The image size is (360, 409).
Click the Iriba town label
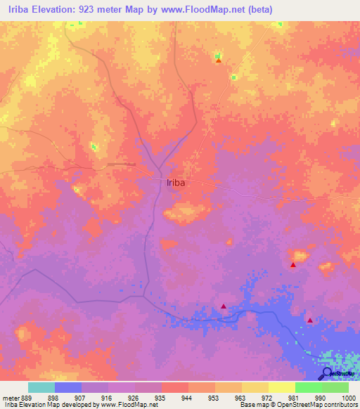click(x=176, y=183)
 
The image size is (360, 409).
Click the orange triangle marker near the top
click(x=218, y=60)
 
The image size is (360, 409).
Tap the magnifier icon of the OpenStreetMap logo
click(x=326, y=374)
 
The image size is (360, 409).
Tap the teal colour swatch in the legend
click(x=41, y=387)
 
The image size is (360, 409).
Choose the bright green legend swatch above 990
click(x=309, y=387)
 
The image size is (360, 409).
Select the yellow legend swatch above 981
click(x=282, y=387)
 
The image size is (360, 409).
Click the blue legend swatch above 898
click(x=68, y=387)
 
